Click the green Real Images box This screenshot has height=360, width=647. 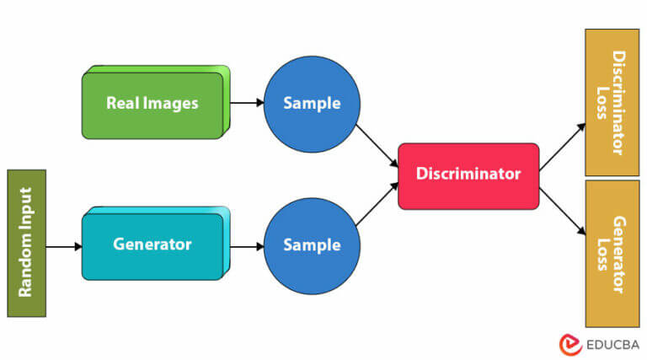[152, 104]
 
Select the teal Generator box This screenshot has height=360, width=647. [152, 245]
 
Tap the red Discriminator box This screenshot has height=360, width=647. [468, 175]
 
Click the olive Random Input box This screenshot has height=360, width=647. [26, 243]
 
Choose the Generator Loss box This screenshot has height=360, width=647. [612, 253]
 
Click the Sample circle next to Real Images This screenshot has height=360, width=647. [312, 104]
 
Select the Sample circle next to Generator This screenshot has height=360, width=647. [312, 245]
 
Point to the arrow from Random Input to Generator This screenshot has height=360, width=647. [64, 247]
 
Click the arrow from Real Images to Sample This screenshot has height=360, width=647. [247, 104]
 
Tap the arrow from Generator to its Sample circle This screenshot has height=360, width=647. [247, 247]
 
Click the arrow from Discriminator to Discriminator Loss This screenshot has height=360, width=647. [562, 148]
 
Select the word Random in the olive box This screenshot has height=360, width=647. [26, 269]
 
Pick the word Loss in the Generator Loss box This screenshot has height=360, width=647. [602, 253]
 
